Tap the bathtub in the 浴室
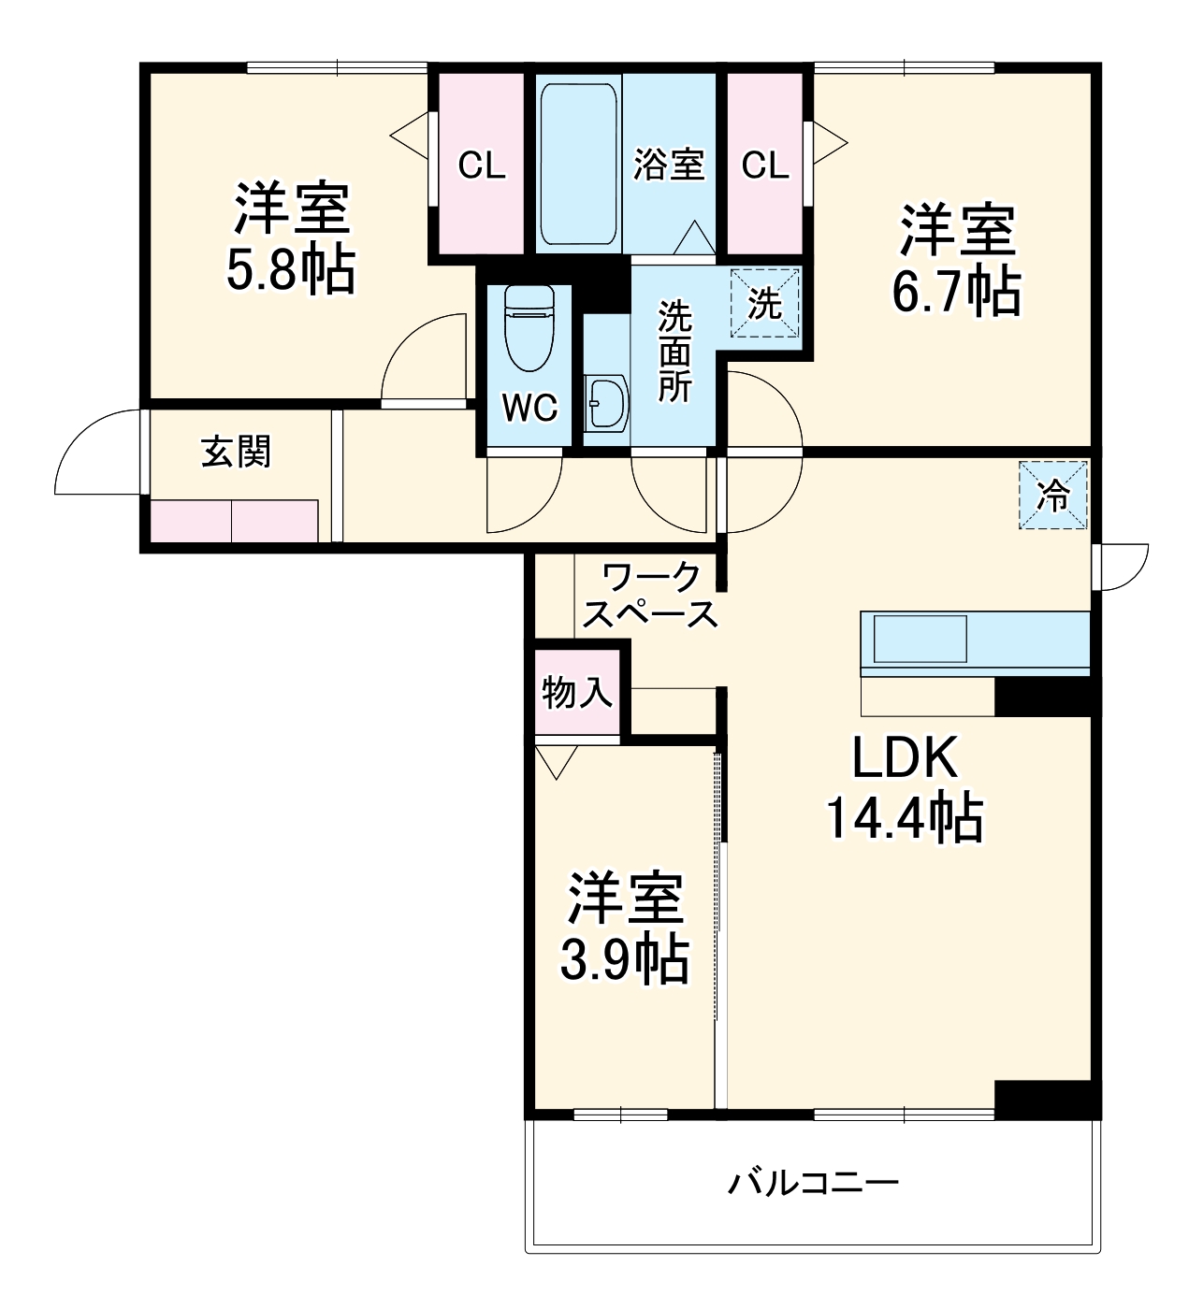578,165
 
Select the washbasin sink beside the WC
605,403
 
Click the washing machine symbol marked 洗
765,303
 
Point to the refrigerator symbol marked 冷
1054,496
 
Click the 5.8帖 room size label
290,271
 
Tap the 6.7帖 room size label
956,292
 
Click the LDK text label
905,758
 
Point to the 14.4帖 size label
904,818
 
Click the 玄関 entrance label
236,453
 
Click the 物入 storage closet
577,693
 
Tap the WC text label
529,408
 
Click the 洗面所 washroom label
674,352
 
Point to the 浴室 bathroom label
668,165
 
